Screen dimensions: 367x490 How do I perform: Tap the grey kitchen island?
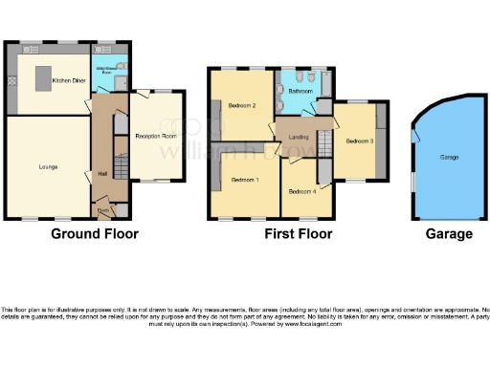(x=42, y=76)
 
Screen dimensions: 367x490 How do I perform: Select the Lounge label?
(x=48, y=167)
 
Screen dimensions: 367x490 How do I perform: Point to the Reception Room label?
(x=155, y=136)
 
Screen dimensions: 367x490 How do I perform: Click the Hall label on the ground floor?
(x=102, y=173)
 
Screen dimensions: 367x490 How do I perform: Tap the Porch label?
(x=101, y=209)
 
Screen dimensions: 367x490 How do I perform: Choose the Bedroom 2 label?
(x=240, y=105)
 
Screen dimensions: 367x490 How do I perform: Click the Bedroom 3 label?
(x=360, y=140)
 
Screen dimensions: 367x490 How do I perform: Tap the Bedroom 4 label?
(x=302, y=189)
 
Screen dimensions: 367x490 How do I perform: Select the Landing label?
(x=298, y=138)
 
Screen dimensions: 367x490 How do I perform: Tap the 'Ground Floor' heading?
(x=94, y=234)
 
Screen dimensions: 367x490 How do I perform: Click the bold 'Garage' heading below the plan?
(x=448, y=234)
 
